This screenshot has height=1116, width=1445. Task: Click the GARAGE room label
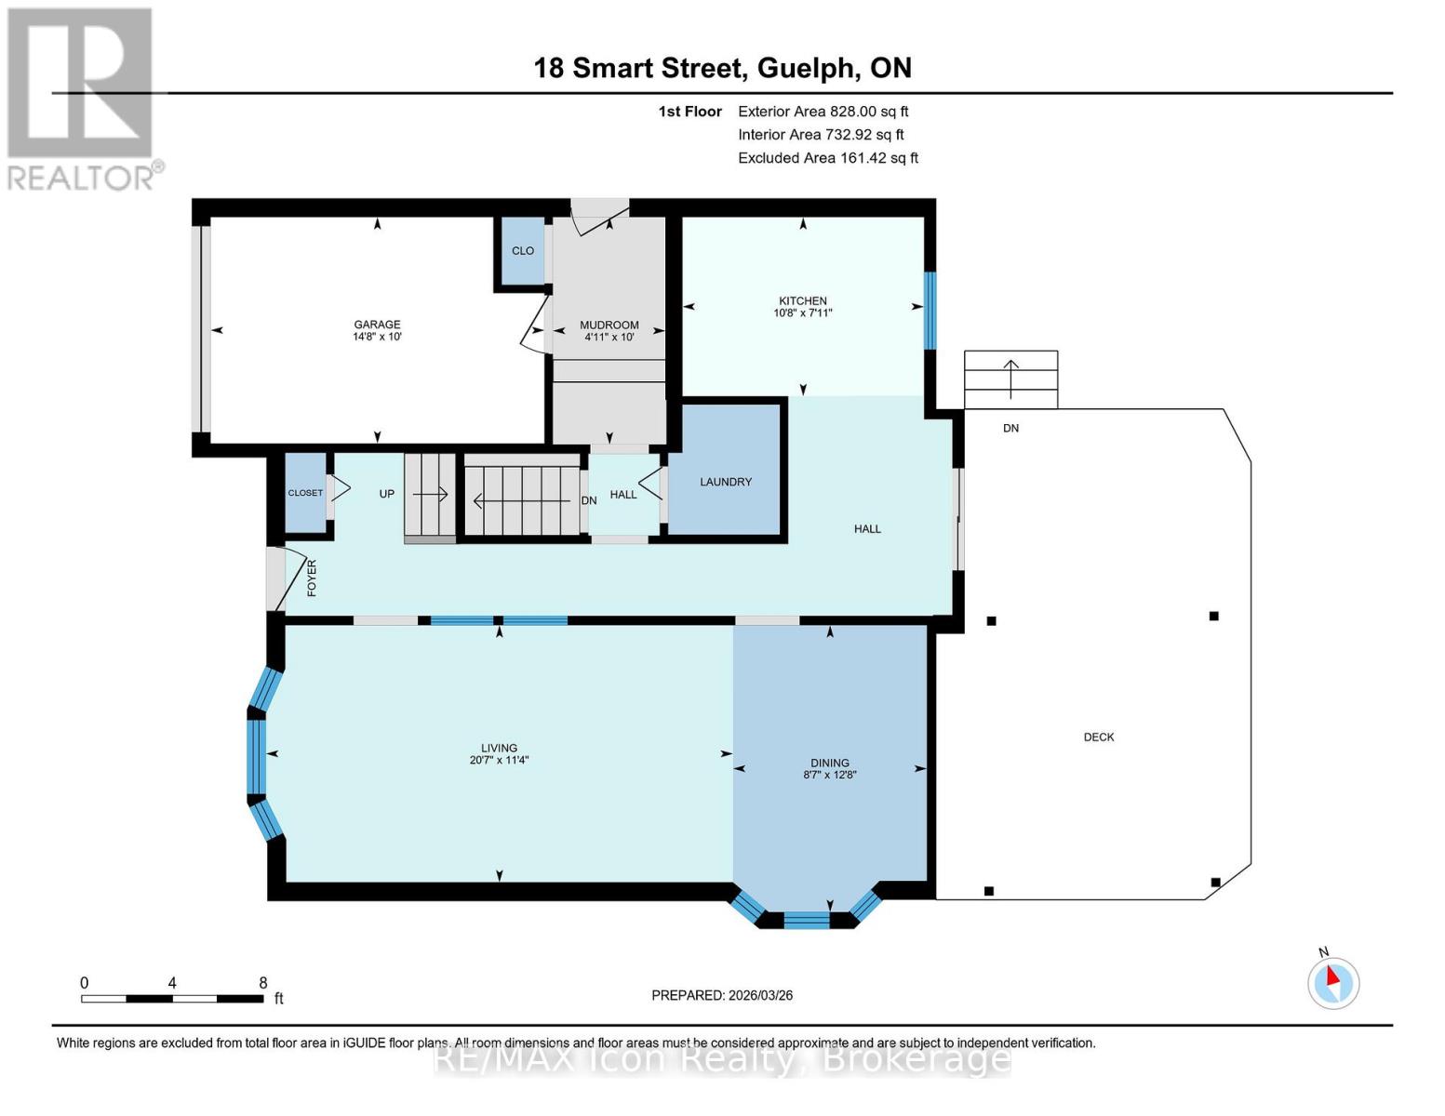tap(377, 325)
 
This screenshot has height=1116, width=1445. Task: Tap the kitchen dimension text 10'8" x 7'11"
tap(802, 313)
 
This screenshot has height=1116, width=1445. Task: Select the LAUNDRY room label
tap(726, 482)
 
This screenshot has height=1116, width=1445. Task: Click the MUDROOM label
tap(609, 325)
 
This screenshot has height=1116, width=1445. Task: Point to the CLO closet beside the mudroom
tap(523, 251)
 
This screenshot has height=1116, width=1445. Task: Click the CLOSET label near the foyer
tap(305, 493)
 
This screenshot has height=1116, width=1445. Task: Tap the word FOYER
tap(312, 578)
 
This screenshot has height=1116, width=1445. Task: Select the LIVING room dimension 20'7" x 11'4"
tap(499, 761)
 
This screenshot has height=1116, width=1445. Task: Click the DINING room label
tap(829, 763)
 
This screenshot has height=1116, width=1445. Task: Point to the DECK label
tap(1099, 737)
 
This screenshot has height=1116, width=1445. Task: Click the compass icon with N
tap(1333, 983)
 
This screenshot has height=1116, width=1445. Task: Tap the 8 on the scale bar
tap(263, 983)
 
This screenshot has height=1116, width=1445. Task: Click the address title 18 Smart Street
tap(639, 68)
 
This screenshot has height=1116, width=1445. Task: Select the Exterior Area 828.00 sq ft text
tap(823, 112)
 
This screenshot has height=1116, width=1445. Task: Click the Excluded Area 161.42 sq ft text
tap(827, 158)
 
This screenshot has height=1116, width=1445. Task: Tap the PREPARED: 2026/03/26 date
tap(722, 995)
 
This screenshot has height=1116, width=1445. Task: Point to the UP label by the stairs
tap(387, 494)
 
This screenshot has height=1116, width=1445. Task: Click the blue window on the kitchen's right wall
tap(930, 310)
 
